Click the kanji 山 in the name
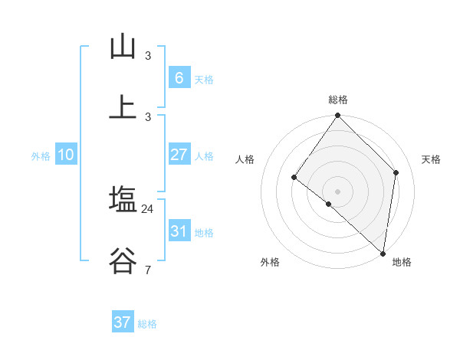(x=123, y=47)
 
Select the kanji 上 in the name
(x=123, y=107)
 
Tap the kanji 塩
(x=123, y=200)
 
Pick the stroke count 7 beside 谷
(x=148, y=270)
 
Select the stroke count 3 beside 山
(x=148, y=56)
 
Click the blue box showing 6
(x=179, y=77)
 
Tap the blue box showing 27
(x=179, y=155)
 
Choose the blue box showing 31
(x=179, y=231)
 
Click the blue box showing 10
(x=66, y=155)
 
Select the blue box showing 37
(x=123, y=322)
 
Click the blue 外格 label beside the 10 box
(x=41, y=156)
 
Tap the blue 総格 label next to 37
(x=147, y=324)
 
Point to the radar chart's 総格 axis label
(x=338, y=100)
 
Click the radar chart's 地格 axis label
(x=402, y=262)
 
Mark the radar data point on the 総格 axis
(x=338, y=116)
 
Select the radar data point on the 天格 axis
(x=396, y=172)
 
